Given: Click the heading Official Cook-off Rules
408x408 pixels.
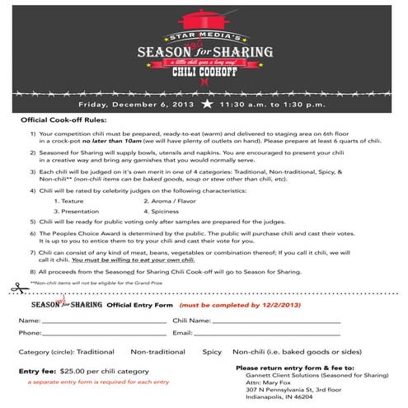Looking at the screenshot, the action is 65,120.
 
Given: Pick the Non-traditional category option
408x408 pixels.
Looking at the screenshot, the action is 158,351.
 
